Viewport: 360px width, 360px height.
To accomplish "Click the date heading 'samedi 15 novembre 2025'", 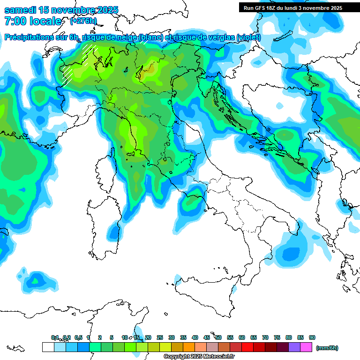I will (61, 10).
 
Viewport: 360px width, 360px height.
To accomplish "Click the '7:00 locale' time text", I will (32, 21).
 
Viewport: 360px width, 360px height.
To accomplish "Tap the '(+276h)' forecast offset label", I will (83, 21).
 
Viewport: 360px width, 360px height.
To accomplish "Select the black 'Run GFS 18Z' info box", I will (292, 7).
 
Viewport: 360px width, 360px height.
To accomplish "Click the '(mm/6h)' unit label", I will (327, 348).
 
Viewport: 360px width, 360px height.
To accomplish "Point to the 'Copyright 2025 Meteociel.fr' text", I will (199, 356).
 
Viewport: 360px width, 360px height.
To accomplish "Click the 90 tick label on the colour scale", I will (312, 337).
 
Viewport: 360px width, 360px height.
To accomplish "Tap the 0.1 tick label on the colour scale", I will (55, 337).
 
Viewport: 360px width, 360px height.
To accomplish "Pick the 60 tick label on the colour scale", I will (242, 337).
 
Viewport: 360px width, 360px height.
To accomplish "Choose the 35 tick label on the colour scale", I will (183, 337).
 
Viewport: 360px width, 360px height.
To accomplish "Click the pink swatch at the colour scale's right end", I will (306, 347).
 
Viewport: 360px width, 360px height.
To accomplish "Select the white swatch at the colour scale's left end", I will (48, 347).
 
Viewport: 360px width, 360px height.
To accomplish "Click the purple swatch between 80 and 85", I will (294, 347).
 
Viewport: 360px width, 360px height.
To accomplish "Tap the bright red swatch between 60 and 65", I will (247, 347).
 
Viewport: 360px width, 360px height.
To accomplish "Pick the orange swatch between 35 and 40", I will (189, 347).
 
